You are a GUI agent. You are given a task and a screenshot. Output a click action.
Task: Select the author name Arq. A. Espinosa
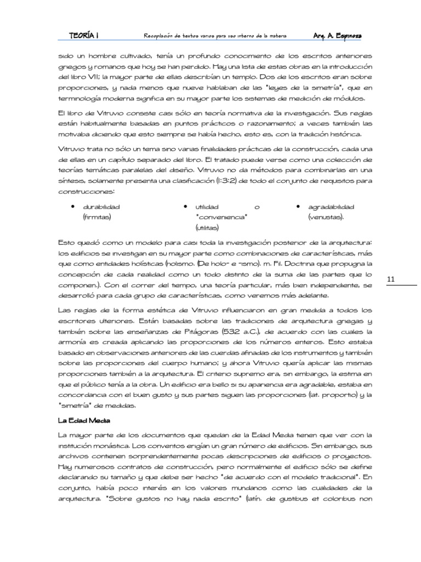pos(337,36)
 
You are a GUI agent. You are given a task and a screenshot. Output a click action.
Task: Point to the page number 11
pos(391,279)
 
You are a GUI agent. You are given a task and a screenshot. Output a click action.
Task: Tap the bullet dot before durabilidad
pos(73,207)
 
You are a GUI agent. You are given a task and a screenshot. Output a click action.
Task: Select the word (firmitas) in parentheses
pos(96,217)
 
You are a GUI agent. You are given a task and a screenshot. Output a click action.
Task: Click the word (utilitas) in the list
pos(207,227)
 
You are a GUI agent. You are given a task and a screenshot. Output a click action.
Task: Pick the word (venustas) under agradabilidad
pos(326,217)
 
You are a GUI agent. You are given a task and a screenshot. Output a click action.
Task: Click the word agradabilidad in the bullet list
pos(332,207)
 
